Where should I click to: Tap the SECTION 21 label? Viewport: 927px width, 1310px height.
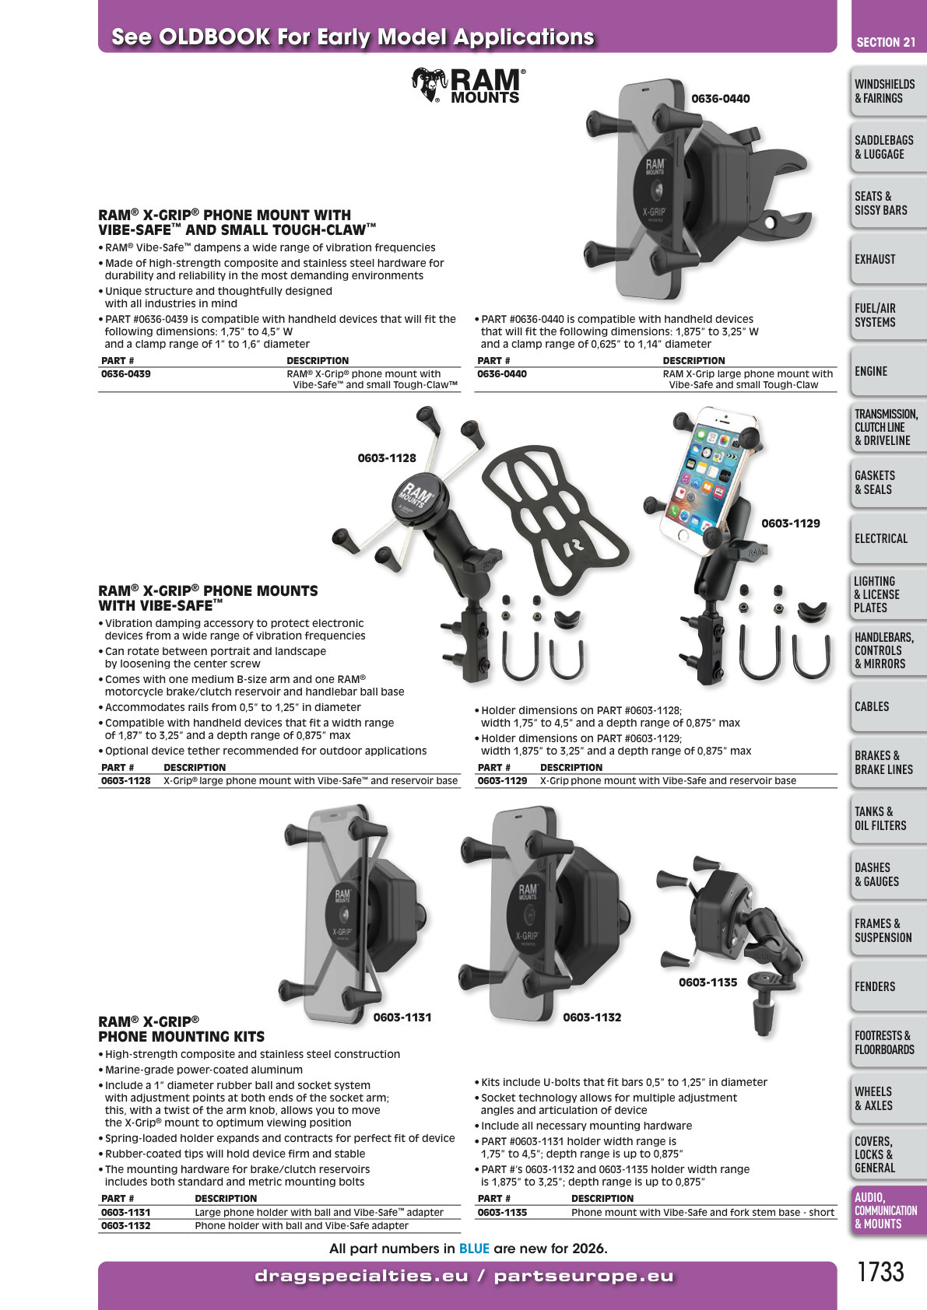(886, 42)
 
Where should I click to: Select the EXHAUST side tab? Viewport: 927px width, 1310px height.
(875, 259)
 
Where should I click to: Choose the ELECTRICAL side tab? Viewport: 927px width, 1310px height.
(881, 538)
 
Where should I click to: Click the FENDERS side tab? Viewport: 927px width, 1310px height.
(875, 986)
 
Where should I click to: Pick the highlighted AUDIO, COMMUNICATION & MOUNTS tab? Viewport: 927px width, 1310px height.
(886, 1210)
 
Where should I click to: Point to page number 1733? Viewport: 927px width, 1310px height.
(880, 1272)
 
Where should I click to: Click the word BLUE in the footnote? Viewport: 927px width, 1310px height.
(474, 1249)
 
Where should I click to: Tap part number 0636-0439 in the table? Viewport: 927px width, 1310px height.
(126, 373)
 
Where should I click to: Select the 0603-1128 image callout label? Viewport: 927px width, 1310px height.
(387, 458)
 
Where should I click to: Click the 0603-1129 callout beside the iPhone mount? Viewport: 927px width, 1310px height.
(791, 524)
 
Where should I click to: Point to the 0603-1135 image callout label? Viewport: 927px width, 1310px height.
(708, 982)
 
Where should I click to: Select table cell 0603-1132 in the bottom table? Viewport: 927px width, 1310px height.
(126, 1226)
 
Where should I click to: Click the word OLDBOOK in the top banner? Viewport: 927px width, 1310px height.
(215, 37)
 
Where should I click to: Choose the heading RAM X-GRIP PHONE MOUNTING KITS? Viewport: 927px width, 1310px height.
(181, 1029)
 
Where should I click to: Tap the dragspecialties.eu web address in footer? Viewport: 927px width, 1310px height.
(362, 1276)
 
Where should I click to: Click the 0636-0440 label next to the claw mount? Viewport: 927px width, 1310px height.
(721, 99)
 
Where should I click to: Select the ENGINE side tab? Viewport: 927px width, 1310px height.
(871, 371)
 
